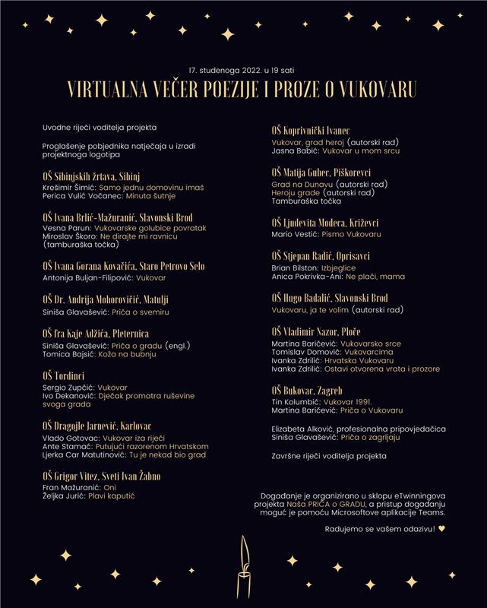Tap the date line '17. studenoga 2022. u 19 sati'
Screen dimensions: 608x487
243,69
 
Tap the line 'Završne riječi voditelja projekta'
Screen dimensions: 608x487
329,456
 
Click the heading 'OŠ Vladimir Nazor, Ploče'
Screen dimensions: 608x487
316,332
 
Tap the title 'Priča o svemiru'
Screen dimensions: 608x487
141,312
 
